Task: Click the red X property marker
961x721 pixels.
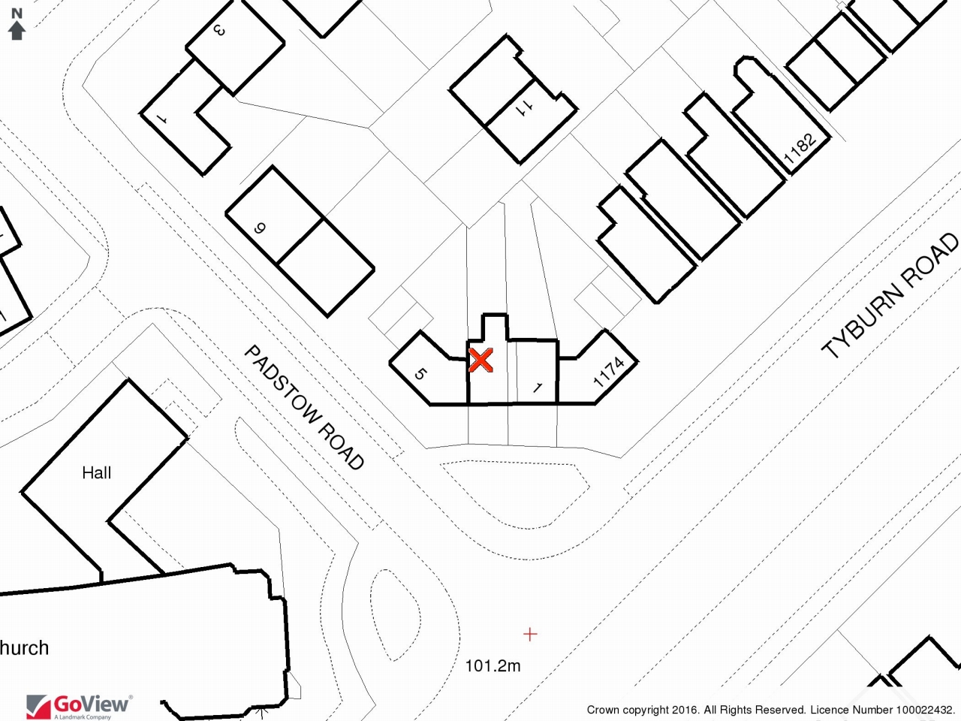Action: coord(480,360)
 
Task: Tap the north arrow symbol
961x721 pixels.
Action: coord(17,31)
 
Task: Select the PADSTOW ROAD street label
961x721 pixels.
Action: coord(304,407)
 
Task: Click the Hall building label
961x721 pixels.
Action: coord(96,473)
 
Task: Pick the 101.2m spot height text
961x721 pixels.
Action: coord(493,666)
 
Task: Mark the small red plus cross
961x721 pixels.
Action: coord(530,634)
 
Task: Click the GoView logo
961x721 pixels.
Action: coord(79,707)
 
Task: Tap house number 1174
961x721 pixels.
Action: coord(609,372)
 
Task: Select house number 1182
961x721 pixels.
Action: coord(800,148)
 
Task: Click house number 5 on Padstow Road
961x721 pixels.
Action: coord(420,374)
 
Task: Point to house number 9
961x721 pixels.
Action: coord(260,228)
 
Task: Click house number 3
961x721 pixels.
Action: coord(219,30)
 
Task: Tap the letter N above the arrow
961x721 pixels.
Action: coord(17,14)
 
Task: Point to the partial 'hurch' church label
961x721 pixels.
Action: coord(24,648)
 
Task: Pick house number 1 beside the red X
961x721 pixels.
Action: coord(538,388)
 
